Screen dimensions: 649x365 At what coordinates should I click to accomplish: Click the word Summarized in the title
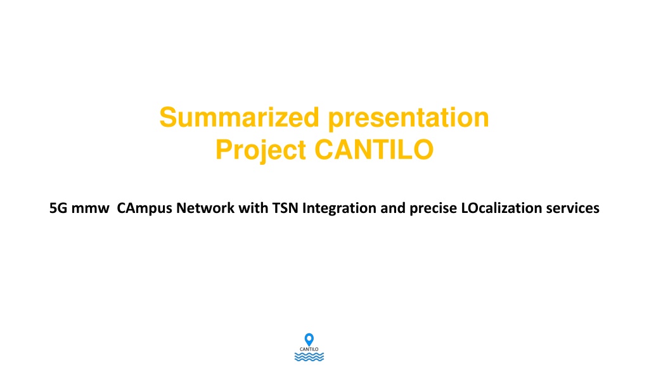(x=239, y=117)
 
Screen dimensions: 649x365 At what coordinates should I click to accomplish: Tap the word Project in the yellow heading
(x=260, y=150)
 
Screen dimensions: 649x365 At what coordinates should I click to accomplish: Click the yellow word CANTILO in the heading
(x=374, y=150)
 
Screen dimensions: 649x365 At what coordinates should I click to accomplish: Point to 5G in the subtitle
(x=58, y=208)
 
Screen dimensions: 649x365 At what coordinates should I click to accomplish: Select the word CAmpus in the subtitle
(x=145, y=208)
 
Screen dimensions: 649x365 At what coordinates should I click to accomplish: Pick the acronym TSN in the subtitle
(x=285, y=208)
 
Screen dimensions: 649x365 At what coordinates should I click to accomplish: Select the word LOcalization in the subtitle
(x=501, y=208)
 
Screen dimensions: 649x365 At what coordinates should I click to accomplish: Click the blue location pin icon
(x=309, y=340)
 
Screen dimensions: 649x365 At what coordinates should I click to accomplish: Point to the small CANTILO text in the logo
(x=309, y=349)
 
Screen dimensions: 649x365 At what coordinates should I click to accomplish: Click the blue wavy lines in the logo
(x=309, y=357)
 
